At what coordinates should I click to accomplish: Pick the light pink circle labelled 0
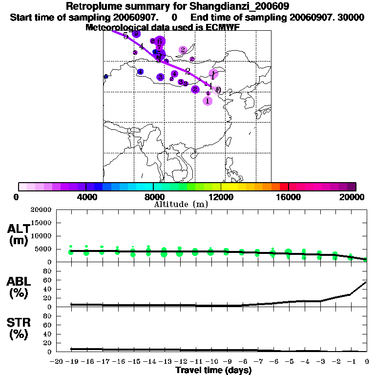pyautogui.click(x=218, y=90)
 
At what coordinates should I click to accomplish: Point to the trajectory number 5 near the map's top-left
pyautogui.click(x=125, y=36)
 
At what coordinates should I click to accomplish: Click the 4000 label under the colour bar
pyautogui.click(x=85, y=197)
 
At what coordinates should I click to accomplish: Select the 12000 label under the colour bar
pyautogui.click(x=221, y=197)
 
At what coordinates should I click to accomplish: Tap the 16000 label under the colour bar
pyautogui.click(x=288, y=197)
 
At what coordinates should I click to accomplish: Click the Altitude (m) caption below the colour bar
pyautogui.click(x=181, y=204)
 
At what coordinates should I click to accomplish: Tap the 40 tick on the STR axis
pyautogui.click(x=47, y=333)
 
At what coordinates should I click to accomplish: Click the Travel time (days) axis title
pyautogui.click(x=213, y=370)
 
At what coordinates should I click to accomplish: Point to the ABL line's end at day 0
pyautogui.click(x=366, y=282)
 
